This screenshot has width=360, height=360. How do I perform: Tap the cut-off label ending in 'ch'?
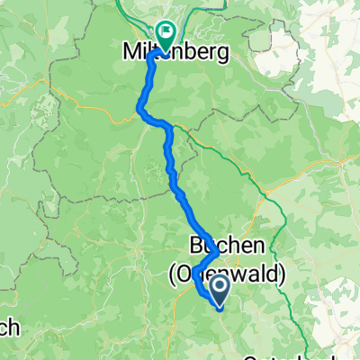tap(9, 329)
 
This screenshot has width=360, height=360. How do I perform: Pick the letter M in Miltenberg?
tap(129, 53)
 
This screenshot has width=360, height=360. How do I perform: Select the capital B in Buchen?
tap(197, 245)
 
